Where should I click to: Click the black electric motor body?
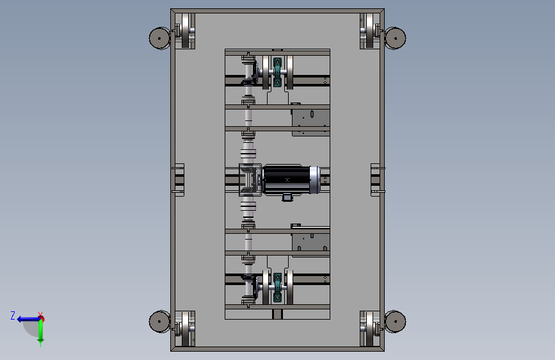(x=286, y=179)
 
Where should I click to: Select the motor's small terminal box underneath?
(x=287, y=197)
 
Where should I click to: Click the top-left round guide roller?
(x=159, y=38)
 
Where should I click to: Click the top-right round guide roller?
(x=396, y=38)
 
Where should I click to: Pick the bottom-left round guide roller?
(x=159, y=322)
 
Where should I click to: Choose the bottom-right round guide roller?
(x=396, y=322)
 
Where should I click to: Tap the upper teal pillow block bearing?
(x=278, y=72)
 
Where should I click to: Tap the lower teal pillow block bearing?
(x=278, y=288)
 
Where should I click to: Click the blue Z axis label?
(x=13, y=315)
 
